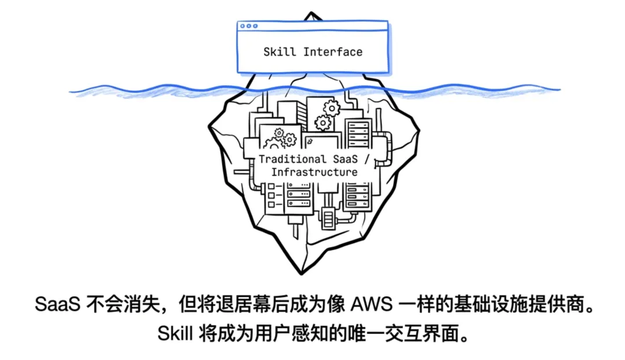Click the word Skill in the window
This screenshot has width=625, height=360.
(x=280, y=52)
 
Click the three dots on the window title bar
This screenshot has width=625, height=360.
(x=249, y=26)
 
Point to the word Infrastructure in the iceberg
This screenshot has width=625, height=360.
(x=314, y=172)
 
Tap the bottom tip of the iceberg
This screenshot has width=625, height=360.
(x=301, y=273)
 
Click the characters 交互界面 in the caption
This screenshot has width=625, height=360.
(x=422, y=334)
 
